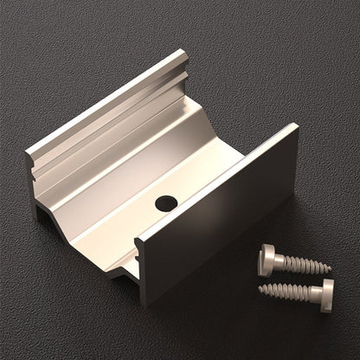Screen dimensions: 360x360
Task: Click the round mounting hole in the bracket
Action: pyautogui.click(x=166, y=204)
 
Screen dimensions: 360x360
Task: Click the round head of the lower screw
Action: pyautogui.click(x=326, y=295)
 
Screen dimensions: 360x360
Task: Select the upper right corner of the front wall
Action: pyautogui.click(x=294, y=126)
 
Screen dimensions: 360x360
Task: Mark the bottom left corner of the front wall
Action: pyautogui.click(x=142, y=303)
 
